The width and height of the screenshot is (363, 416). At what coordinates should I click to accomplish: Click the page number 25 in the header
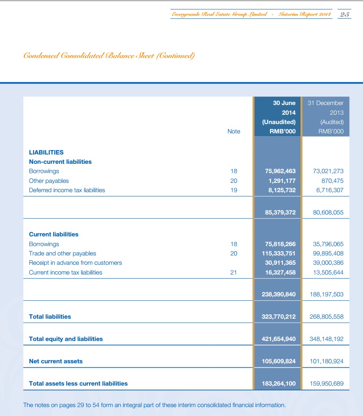[x=344, y=15]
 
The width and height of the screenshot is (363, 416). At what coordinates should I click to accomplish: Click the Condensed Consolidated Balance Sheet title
[x=109, y=56]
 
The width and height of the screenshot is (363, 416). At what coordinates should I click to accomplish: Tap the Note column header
[x=233, y=131]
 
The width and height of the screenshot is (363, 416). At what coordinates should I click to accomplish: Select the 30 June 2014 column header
[x=278, y=117]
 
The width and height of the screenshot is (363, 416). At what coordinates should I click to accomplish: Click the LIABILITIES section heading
[x=46, y=152]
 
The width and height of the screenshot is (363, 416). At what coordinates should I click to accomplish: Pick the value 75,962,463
[x=280, y=171]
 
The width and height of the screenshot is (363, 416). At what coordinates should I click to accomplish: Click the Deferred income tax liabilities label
[x=67, y=190]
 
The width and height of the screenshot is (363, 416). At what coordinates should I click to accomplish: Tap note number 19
[x=233, y=190]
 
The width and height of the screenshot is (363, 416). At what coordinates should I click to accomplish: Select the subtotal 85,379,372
[x=280, y=212]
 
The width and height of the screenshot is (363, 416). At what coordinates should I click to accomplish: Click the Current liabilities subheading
[x=54, y=234]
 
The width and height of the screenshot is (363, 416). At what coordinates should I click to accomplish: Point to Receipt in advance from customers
[x=75, y=263]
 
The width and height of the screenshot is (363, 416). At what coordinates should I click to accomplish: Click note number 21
[x=233, y=272]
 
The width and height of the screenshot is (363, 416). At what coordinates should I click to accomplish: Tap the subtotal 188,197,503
[x=326, y=294]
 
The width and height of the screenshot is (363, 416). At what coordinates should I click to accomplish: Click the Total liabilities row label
[x=50, y=317]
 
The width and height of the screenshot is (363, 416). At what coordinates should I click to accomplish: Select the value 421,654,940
[x=279, y=339]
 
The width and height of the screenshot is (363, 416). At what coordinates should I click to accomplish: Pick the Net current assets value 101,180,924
[x=326, y=361]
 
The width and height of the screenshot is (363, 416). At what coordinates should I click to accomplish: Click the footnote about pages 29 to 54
[x=155, y=405]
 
